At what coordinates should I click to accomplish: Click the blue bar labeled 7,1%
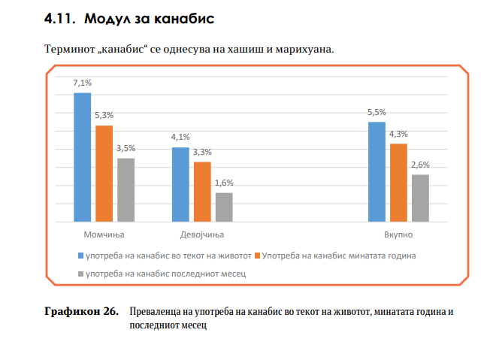(82, 157)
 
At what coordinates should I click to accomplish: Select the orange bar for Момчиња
(104, 174)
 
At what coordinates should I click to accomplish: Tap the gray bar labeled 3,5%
(126, 190)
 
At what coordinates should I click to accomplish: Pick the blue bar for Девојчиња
(180, 185)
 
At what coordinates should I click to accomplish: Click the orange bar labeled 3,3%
(202, 192)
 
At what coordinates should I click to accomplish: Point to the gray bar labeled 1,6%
(224, 207)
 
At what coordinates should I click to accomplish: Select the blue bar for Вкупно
(377, 172)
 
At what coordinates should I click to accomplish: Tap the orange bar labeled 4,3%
(398, 183)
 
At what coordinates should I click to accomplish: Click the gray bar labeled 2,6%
(420, 198)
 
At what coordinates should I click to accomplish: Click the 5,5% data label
(377, 113)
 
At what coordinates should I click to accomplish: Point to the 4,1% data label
(180, 138)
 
